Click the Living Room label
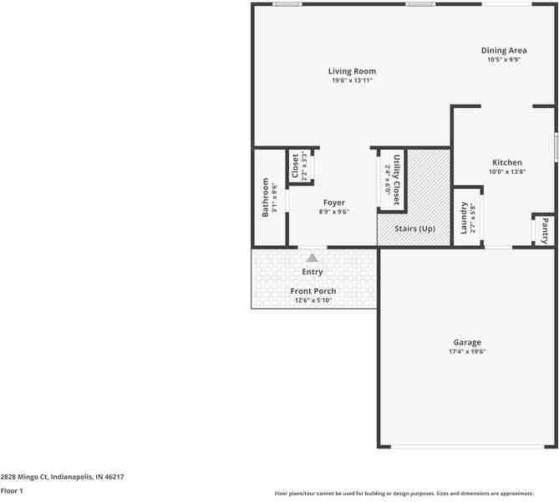point(352,71)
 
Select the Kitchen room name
point(506,162)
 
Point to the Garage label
point(467,342)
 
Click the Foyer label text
point(333,202)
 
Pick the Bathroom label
point(266,197)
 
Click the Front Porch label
point(313,291)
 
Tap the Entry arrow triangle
point(313,258)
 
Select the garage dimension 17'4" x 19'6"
point(467,351)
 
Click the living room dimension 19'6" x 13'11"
point(352,80)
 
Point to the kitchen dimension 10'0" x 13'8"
point(506,172)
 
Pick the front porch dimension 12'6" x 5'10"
point(313,300)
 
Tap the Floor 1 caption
point(12,490)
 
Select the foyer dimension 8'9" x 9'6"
point(333,212)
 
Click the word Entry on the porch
point(313,272)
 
